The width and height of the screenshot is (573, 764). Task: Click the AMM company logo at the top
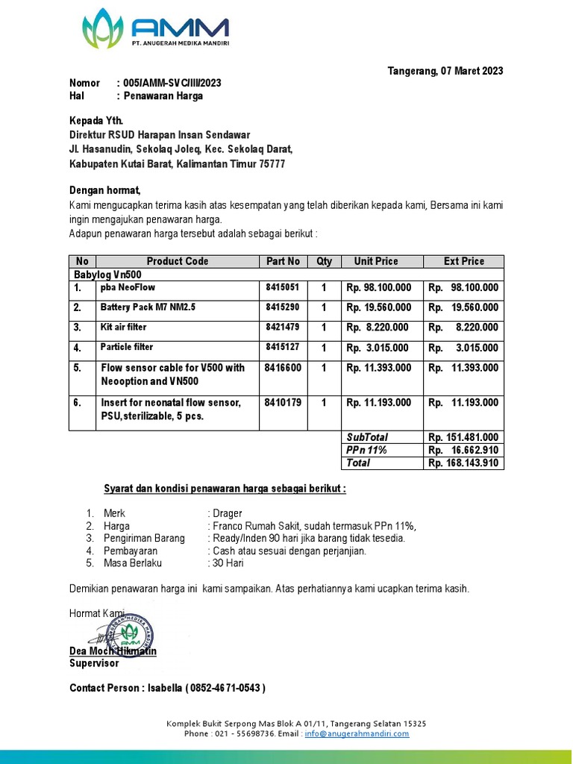(154, 29)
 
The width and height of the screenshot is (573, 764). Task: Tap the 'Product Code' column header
(178, 261)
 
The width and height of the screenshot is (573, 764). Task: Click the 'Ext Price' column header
(463, 261)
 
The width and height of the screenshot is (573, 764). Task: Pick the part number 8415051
(282, 287)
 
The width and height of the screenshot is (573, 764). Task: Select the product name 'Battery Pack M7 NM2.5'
(148, 307)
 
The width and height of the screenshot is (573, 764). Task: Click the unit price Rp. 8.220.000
(378, 328)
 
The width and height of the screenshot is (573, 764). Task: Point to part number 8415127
(282, 347)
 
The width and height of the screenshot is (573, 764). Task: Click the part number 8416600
(283, 368)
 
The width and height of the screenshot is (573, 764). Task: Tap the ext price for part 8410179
(463, 403)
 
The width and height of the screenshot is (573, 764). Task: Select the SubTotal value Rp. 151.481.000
(463, 437)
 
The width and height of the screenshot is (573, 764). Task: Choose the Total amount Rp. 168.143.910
(463, 463)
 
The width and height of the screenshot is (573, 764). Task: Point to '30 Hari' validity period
(228, 563)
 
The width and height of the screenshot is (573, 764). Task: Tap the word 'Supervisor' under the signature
(94, 663)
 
